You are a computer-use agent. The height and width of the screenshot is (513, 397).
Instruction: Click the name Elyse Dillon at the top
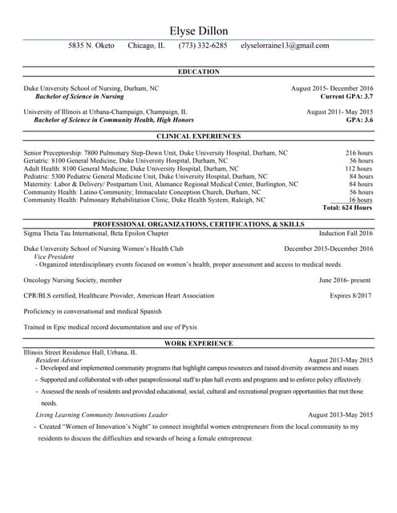click(198, 30)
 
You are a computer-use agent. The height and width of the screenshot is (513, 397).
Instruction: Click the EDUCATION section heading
click(198, 72)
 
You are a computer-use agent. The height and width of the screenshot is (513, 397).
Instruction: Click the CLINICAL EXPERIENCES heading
click(198, 137)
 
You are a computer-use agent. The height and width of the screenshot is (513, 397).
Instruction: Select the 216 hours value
click(359, 152)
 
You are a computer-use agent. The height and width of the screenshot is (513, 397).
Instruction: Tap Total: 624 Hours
click(347, 208)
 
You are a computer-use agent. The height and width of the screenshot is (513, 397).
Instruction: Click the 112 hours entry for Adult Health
click(359, 169)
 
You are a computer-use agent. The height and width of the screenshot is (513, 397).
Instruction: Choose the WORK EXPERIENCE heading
click(198, 344)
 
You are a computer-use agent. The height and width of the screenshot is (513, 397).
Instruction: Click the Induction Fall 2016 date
click(346, 233)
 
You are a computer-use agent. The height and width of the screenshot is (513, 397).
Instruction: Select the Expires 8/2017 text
click(351, 296)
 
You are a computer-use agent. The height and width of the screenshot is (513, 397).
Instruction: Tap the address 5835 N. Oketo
click(91, 46)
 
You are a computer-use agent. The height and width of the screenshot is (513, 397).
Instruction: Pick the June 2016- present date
click(345, 281)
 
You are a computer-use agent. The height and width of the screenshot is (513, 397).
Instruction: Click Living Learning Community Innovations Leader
click(101, 415)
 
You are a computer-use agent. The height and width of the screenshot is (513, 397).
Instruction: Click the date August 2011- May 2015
click(339, 112)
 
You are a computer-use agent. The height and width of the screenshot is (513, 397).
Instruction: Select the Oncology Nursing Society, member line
click(73, 281)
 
